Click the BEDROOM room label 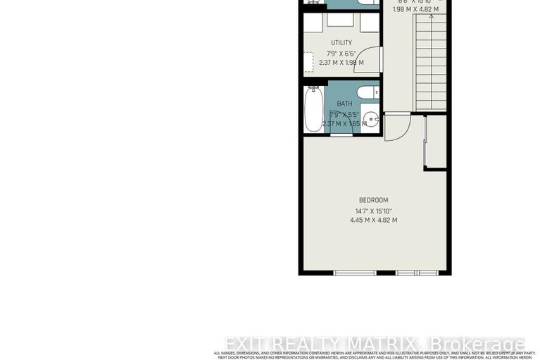pyautogui.click(x=373, y=200)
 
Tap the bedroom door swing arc pyautogui.click(x=398, y=127)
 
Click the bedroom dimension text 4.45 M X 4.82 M pyautogui.click(x=373, y=220)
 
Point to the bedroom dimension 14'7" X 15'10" pyautogui.click(x=373, y=211)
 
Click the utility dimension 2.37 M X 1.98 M pyautogui.click(x=341, y=63)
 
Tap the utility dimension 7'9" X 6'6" pyautogui.click(x=341, y=53)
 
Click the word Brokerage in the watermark pyautogui.click(x=478, y=345)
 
